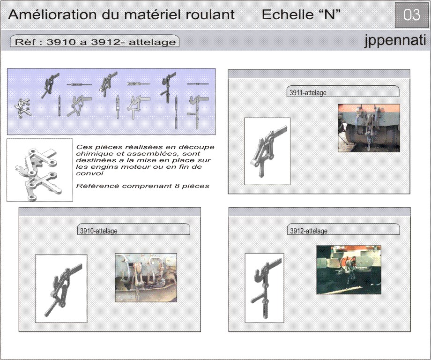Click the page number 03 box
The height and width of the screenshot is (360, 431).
pyautogui.click(x=411, y=15)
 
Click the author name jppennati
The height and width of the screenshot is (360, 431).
pyautogui.click(x=395, y=41)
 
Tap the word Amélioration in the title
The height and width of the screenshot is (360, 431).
pyautogui.click(x=52, y=15)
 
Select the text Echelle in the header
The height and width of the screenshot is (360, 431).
pyautogui.click(x=287, y=15)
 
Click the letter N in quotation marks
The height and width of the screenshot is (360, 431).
pyautogui.click(x=329, y=15)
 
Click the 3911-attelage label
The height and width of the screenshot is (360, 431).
pyautogui.click(x=308, y=93)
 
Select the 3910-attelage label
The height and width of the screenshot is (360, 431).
pyautogui.click(x=99, y=231)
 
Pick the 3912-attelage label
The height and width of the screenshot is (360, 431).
pyautogui.click(x=309, y=231)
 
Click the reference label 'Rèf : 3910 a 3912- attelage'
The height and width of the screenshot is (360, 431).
pyautogui.click(x=95, y=42)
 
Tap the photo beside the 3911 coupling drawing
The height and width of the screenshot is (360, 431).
pyautogui.click(x=369, y=128)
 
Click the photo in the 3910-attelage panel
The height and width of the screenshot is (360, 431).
pyautogui.click(x=146, y=278)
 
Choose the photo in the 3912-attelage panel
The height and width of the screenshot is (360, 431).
pyautogui.click(x=349, y=270)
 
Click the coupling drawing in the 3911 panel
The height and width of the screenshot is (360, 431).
pyautogui.click(x=267, y=151)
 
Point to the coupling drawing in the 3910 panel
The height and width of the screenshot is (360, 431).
pyautogui.click(x=61, y=288)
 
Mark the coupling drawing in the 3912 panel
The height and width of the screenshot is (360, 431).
pyautogui.click(x=264, y=288)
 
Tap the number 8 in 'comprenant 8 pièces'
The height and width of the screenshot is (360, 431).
pyautogui.click(x=177, y=186)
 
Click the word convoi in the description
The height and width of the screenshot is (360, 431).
pyautogui.click(x=89, y=173)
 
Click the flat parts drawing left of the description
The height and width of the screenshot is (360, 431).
pyautogui.click(x=40, y=170)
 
